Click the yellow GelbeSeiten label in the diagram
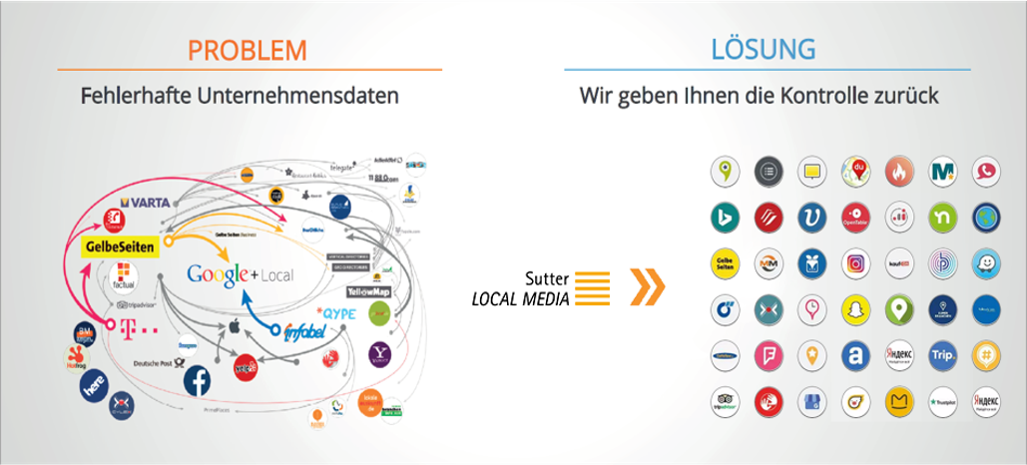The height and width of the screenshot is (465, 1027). click(x=121, y=245)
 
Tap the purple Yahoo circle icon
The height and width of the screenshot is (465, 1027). click(x=380, y=351)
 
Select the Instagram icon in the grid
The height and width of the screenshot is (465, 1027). click(x=855, y=264)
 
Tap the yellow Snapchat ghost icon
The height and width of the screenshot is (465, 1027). click(x=855, y=308)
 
